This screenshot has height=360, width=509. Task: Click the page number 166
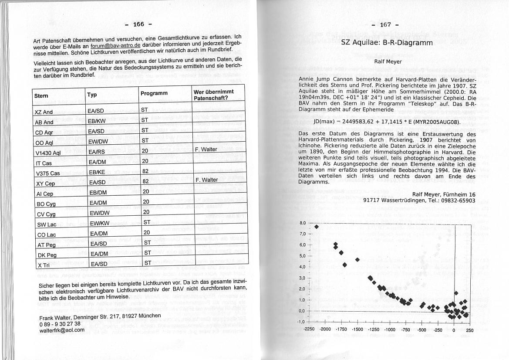point(138,24)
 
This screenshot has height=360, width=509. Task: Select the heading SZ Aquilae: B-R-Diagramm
point(387,43)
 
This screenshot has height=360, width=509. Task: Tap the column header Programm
point(154,93)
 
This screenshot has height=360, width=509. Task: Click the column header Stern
point(42,96)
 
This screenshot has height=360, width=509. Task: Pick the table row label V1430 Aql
point(48,153)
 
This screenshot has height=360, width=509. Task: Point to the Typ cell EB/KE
point(98,172)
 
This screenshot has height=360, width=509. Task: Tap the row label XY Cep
point(45,184)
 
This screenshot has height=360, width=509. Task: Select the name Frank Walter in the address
point(55,317)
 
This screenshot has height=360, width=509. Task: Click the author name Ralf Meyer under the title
point(388,61)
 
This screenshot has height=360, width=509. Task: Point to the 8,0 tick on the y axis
point(303,223)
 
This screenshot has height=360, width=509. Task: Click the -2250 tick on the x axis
point(310,330)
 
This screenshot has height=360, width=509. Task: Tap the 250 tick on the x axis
point(469,330)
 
